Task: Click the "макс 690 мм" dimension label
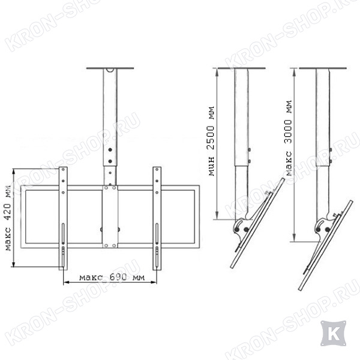112,277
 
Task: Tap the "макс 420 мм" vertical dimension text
8,218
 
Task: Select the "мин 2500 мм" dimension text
211,141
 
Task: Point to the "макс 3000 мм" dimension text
289,138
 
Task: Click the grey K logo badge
334,334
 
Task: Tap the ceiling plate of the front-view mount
110,68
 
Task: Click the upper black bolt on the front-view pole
110,149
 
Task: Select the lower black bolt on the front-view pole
110,161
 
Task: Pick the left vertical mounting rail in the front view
63,218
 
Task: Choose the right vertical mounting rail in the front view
157,218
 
